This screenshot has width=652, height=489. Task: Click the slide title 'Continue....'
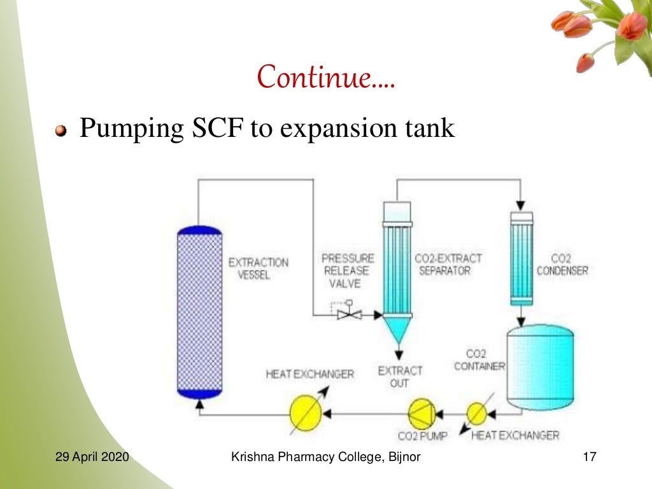(x=325, y=77)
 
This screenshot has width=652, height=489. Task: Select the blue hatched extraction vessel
(x=199, y=312)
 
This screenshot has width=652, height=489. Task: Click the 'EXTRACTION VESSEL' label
(x=258, y=268)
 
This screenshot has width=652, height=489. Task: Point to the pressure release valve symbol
(x=349, y=313)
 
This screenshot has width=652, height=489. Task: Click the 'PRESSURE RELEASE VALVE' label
(x=348, y=271)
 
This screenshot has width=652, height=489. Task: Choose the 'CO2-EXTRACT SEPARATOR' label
(x=448, y=264)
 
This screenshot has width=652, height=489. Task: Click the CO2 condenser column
(x=521, y=258)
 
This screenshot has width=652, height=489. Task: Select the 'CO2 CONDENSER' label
(x=562, y=264)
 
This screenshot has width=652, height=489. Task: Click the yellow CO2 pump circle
(x=422, y=414)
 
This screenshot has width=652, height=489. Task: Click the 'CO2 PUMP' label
(x=422, y=436)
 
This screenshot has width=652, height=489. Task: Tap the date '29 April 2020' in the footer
(x=92, y=457)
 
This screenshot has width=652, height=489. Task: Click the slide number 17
(x=588, y=457)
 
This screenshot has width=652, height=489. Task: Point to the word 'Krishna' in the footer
(x=252, y=457)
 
